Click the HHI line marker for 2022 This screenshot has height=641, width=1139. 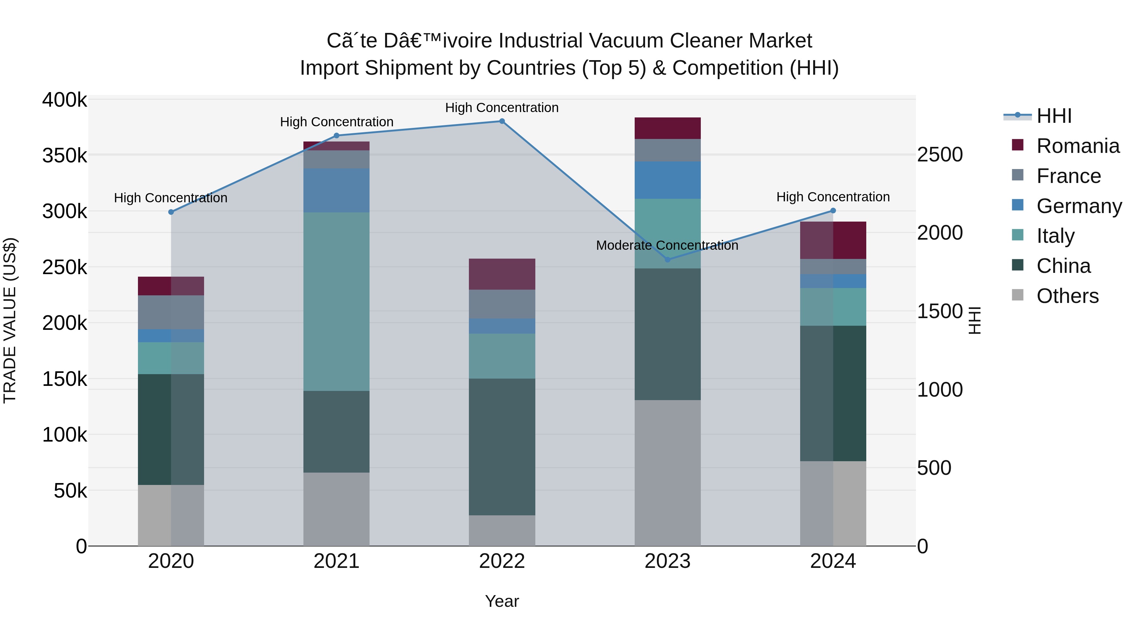[x=502, y=121]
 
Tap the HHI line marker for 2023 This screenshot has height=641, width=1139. [x=668, y=260]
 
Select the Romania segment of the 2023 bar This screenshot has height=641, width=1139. [x=668, y=128]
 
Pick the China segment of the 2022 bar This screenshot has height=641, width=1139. [x=502, y=447]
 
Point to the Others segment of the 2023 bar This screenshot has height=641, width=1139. [x=668, y=473]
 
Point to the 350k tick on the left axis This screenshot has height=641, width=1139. [x=65, y=156]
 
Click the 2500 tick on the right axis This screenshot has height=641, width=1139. [x=940, y=155]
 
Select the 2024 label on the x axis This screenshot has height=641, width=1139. [x=833, y=561]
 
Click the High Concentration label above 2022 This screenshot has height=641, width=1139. [x=502, y=108]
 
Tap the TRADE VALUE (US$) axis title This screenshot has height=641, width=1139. [x=10, y=320]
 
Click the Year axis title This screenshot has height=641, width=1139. [x=502, y=601]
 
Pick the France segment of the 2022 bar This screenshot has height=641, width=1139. [x=502, y=304]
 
